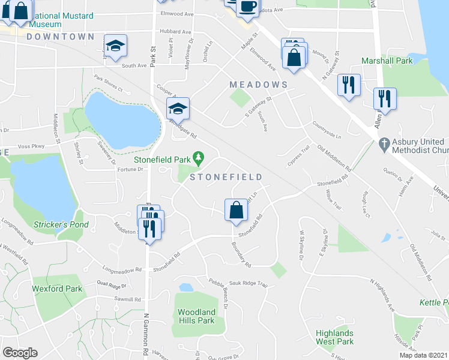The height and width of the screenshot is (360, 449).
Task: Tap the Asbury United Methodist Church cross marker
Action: (385, 145)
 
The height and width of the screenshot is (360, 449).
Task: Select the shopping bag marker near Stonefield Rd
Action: (236, 210)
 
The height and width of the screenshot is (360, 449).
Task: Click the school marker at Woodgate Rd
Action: (178, 109)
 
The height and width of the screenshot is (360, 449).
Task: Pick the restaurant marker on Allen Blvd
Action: (385, 98)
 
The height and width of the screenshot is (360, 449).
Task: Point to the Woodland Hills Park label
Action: (196, 316)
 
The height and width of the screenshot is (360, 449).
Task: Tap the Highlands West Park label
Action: (335, 337)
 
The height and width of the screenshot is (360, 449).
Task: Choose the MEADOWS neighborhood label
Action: (259, 85)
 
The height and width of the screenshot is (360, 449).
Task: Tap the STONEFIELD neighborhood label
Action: (226, 177)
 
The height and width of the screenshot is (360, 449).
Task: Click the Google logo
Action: (20, 353)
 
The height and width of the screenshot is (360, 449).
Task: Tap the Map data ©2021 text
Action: (423, 355)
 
